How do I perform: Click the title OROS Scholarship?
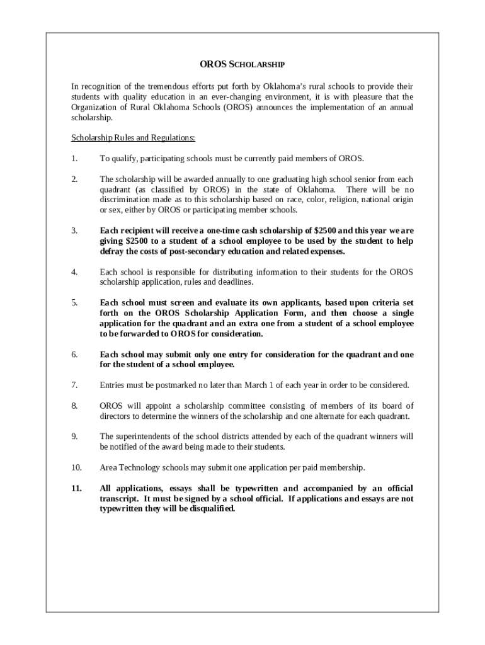pos(243,64)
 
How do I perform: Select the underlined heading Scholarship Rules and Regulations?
pos(133,137)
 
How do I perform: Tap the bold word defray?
pos(112,251)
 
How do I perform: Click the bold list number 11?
pos(76,488)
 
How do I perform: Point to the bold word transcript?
pos(120,498)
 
